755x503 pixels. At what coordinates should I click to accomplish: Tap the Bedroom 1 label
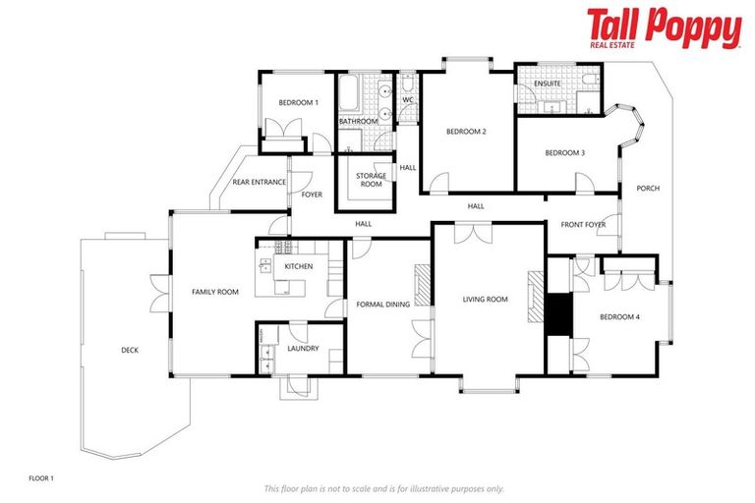298,102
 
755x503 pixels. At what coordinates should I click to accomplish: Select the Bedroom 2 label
467,131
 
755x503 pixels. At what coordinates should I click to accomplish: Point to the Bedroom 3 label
565,152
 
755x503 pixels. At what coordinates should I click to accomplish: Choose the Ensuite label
548,84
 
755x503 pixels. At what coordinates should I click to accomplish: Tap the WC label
408,99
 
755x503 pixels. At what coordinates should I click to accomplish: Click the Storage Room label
370,180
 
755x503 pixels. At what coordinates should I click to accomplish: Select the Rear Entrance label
260,182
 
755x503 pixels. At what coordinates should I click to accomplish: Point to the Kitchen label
299,266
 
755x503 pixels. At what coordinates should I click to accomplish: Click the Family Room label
215,292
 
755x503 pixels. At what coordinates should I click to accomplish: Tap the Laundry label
302,348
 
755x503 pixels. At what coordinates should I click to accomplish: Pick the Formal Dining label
383,305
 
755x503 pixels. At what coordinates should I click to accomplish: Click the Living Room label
486,299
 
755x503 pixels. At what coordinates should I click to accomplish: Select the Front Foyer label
583,225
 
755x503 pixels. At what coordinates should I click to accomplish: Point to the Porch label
648,188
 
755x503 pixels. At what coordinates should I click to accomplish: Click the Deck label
130,350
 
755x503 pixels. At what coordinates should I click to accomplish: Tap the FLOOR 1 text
41,477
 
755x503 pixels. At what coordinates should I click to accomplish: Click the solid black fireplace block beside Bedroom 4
558,315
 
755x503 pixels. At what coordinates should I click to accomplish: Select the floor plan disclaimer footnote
383,488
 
